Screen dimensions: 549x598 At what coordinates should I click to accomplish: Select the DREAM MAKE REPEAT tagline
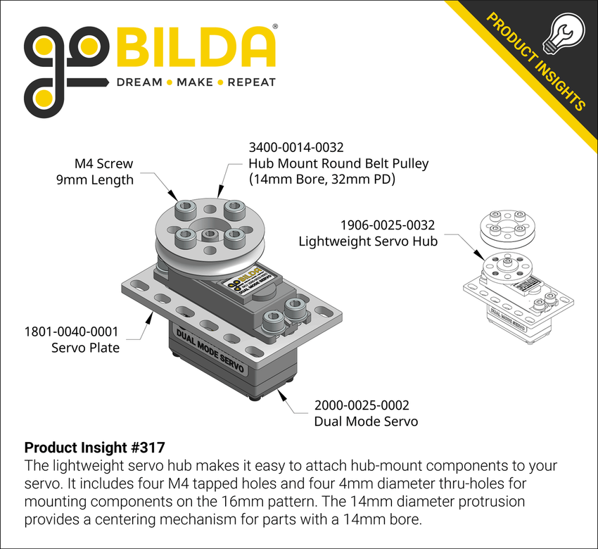196,82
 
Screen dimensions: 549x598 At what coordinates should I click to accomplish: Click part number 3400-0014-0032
296,148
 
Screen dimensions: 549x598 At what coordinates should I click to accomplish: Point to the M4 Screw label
103,163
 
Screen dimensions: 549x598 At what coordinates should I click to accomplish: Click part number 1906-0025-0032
388,225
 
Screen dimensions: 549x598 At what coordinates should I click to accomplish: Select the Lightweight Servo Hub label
368,241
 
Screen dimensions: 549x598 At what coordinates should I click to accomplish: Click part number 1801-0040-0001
71,331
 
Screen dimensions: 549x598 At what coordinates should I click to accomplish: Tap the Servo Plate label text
85,347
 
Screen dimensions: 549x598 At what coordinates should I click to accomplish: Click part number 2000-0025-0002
361,405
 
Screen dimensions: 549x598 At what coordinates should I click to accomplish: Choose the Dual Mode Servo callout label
366,422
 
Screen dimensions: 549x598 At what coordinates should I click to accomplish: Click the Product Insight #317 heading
94,448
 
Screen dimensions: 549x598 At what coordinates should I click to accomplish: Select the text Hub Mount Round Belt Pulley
338,163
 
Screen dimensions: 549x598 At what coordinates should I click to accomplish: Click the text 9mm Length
94,179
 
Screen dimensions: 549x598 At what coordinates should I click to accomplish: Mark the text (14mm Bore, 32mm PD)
322,179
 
